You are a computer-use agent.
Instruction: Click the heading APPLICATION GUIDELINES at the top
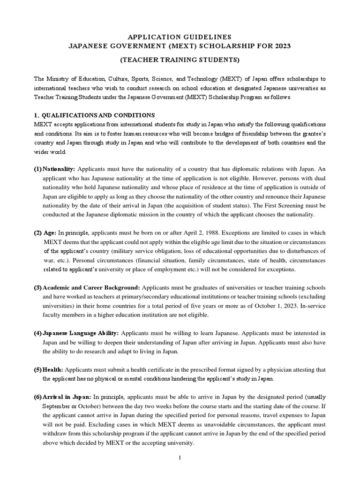click(x=180, y=36)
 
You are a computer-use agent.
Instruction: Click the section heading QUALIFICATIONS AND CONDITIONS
click(x=99, y=115)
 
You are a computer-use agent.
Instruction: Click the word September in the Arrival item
click(x=57, y=406)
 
